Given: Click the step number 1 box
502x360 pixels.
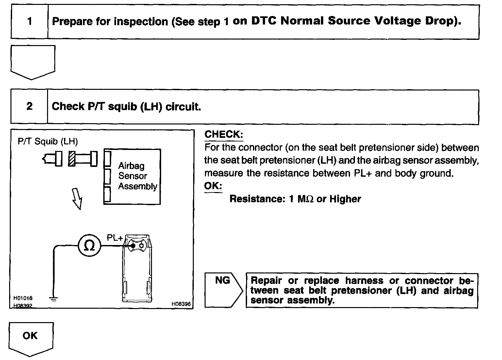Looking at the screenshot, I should pos(29,22).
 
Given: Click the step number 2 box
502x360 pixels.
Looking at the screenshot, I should pos(29,106).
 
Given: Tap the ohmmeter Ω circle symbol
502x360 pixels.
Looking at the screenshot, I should pos(89,245).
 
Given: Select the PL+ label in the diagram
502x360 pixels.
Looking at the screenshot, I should pos(115,237).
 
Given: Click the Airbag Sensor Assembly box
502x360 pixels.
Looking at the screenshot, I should pos(132,176).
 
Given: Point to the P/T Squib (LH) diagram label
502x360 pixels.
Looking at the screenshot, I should pos(48,141).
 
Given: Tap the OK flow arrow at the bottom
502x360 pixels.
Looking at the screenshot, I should pos(31,338).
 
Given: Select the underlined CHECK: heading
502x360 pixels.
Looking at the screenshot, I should pos(224,134).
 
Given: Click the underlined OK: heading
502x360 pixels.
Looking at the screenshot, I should pos(213,186).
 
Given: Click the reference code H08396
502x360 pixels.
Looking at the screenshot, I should pos(181,304).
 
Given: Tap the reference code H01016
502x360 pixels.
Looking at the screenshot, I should pos(23,298).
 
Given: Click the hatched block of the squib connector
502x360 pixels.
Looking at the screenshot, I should pos(72,159).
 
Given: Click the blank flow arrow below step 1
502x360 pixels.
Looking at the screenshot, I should pos(33,62).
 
